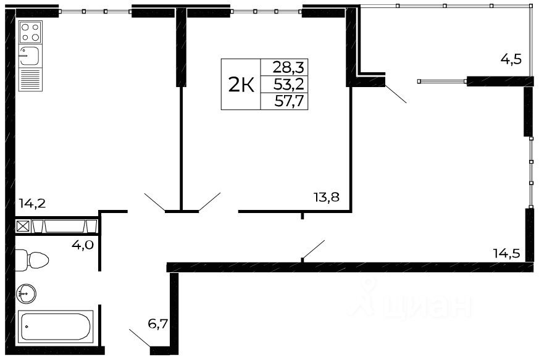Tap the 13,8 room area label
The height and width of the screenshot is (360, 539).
click(326, 198)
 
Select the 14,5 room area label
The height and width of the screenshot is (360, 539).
click(506, 252)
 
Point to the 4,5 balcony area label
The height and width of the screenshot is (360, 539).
click(511, 60)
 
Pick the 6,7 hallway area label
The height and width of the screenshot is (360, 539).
click(158, 323)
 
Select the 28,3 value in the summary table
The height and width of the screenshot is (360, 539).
click(285, 66)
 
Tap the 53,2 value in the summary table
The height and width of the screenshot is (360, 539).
click(285, 83)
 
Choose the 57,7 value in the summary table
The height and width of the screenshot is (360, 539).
click(285, 101)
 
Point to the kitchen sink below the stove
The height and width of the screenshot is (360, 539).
click(30, 56)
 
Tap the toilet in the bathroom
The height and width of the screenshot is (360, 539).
click(31, 259)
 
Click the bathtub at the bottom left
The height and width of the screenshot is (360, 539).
click(56, 327)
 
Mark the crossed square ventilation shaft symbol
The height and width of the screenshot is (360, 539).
click(22, 226)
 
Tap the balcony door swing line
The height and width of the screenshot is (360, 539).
click(396, 94)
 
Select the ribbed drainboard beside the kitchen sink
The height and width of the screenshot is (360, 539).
click(30, 80)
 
